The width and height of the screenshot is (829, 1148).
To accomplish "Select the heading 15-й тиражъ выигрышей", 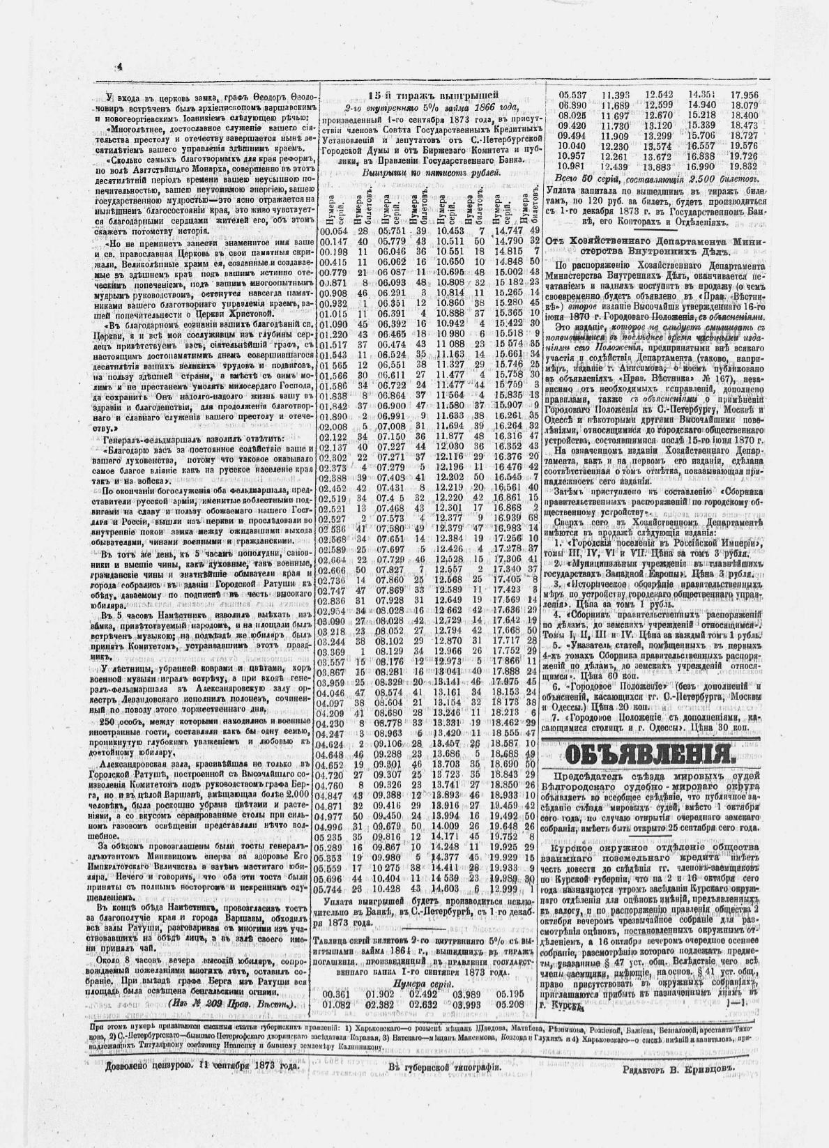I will point(433,97).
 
